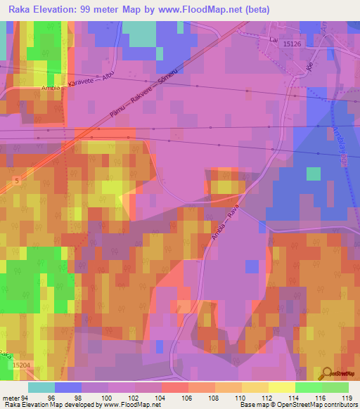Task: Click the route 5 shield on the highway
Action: (16, 181)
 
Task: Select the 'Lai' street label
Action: (273, 39)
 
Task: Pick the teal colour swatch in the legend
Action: (41, 387)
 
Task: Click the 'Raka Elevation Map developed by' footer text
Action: (53, 405)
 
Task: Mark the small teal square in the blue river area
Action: (313, 174)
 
